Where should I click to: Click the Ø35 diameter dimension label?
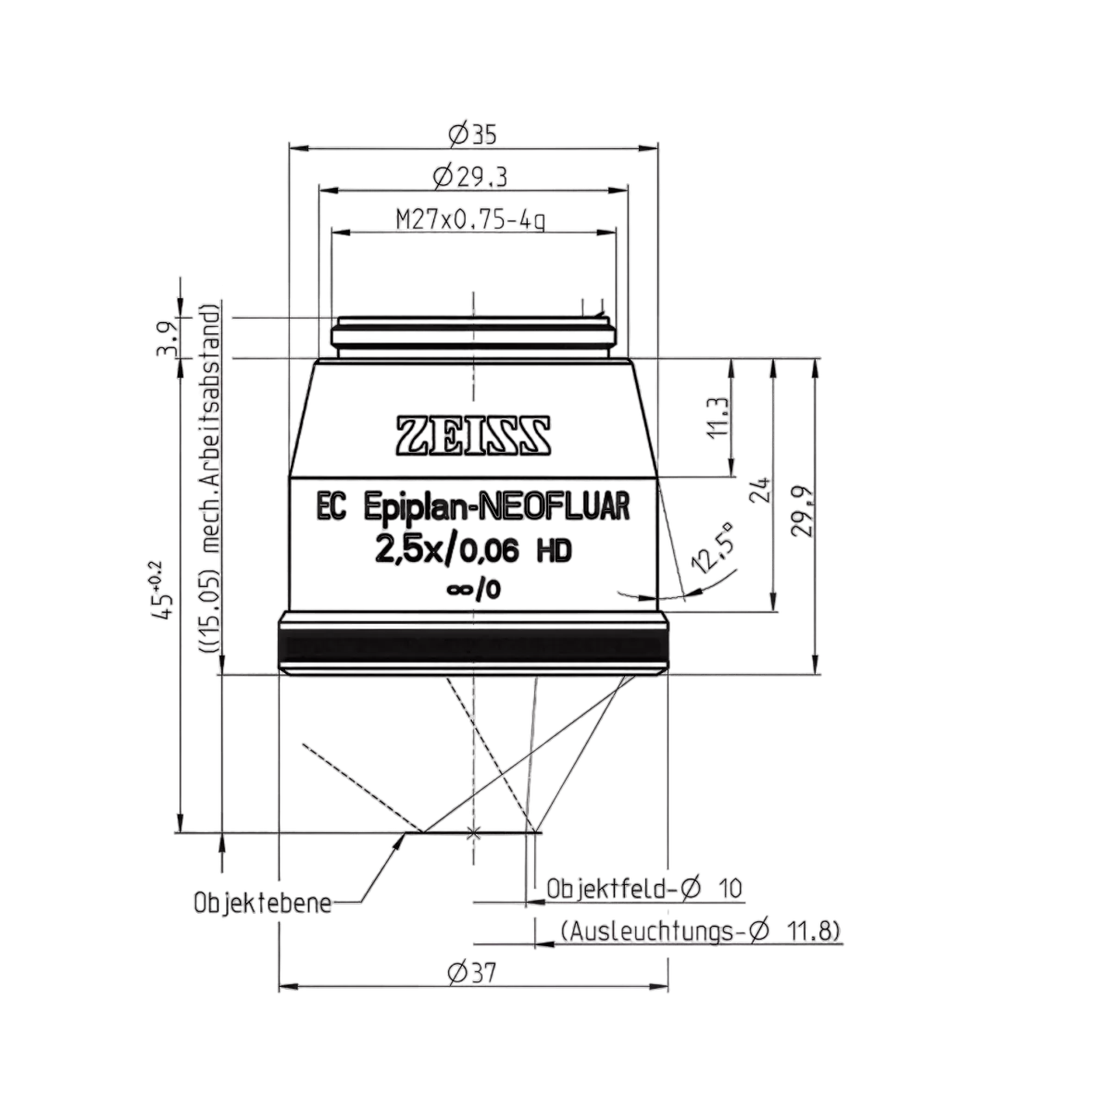[471, 134]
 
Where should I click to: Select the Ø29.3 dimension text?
[470, 178]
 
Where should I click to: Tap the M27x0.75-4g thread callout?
[470, 219]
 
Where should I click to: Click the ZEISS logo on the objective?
[473, 436]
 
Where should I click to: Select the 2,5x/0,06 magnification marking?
[447, 552]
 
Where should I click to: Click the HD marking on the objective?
[554, 552]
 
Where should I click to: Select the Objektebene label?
[263, 904]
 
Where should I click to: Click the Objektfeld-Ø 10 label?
[644, 889]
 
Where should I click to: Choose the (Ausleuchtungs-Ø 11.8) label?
[700, 931]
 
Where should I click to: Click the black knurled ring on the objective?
[473, 650]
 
